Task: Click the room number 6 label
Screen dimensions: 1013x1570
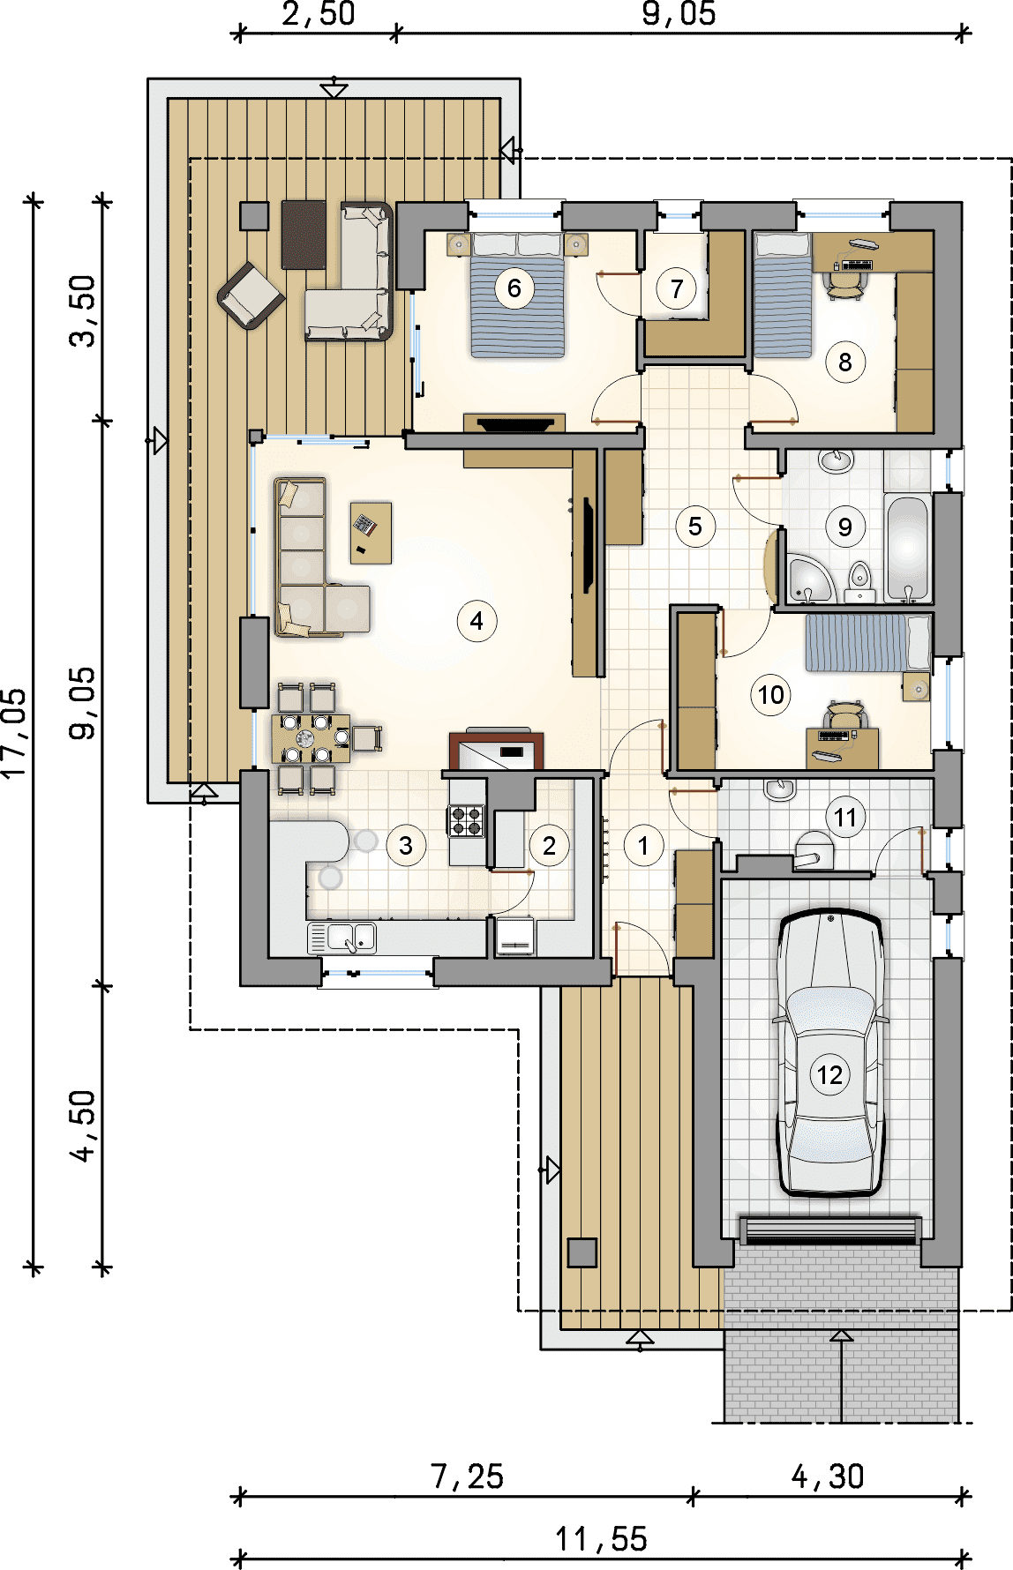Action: click(514, 288)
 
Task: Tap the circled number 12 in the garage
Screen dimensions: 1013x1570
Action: click(829, 1075)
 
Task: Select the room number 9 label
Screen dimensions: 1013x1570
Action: click(844, 527)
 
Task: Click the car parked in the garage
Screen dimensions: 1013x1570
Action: click(829, 1052)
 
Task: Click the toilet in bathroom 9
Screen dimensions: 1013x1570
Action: click(859, 579)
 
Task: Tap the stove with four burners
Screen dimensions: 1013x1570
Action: click(467, 820)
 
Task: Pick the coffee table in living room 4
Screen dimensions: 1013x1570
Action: click(371, 533)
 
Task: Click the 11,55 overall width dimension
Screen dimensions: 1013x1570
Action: click(601, 1539)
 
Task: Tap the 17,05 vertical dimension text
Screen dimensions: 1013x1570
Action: click(15, 732)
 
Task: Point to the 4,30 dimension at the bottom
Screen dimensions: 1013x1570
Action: click(828, 1477)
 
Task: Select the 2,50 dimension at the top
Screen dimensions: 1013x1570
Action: click(319, 14)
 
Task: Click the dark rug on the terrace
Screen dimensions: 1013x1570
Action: click(304, 235)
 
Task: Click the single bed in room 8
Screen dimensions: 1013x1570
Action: click(782, 295)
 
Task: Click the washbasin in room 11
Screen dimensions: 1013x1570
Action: click(780, 789)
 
